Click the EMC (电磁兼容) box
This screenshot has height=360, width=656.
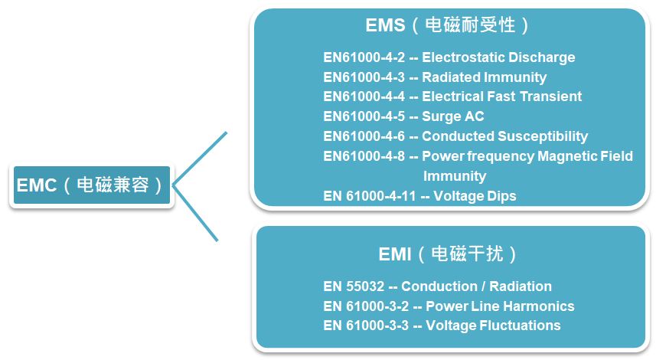coord(92,185)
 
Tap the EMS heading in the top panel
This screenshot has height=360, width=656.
coord(447,25)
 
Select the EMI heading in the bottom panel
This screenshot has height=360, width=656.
coord(447,254)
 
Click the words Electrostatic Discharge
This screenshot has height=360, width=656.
coord(498,57)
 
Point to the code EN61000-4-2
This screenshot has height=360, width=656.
coord(364,57)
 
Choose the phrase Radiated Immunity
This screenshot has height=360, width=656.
coord(484,77)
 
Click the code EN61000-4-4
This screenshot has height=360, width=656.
coord(364,97)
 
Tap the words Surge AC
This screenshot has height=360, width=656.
coord(452,116)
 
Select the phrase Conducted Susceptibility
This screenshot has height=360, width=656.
coord(504,136)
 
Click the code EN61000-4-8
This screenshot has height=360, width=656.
coord(364,156)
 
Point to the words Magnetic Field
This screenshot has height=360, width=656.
coord(585,156)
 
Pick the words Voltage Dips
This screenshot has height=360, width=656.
coord(475,196)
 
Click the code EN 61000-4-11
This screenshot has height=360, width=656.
coord(370,196)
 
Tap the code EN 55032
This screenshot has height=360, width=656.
coord(354,286)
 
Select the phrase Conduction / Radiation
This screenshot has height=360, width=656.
coord(476,286)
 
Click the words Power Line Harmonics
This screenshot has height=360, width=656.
coord(500,306)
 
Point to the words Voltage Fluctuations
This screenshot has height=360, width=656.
coord(493,326)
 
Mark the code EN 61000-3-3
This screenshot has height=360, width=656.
coord(366,326)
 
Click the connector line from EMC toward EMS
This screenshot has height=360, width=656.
coord(200,159)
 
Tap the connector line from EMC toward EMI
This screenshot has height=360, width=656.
coord(195,214)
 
